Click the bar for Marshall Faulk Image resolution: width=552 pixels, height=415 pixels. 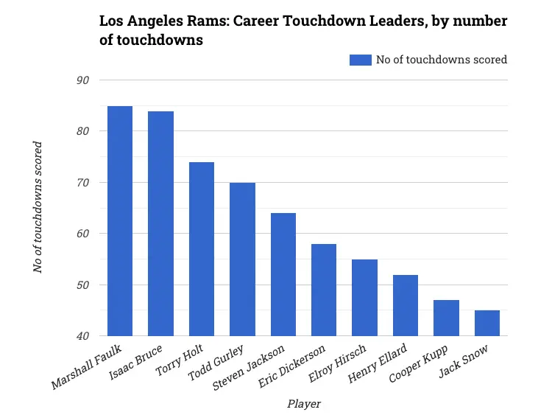[120, 221]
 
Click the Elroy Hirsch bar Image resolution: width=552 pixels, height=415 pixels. [364, 298]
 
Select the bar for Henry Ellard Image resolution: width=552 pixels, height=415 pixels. [406, 305]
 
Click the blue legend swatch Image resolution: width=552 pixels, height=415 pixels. [361, 60]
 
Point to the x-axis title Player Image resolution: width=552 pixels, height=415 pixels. [304, 403]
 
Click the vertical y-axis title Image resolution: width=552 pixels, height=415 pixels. [38, 207]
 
